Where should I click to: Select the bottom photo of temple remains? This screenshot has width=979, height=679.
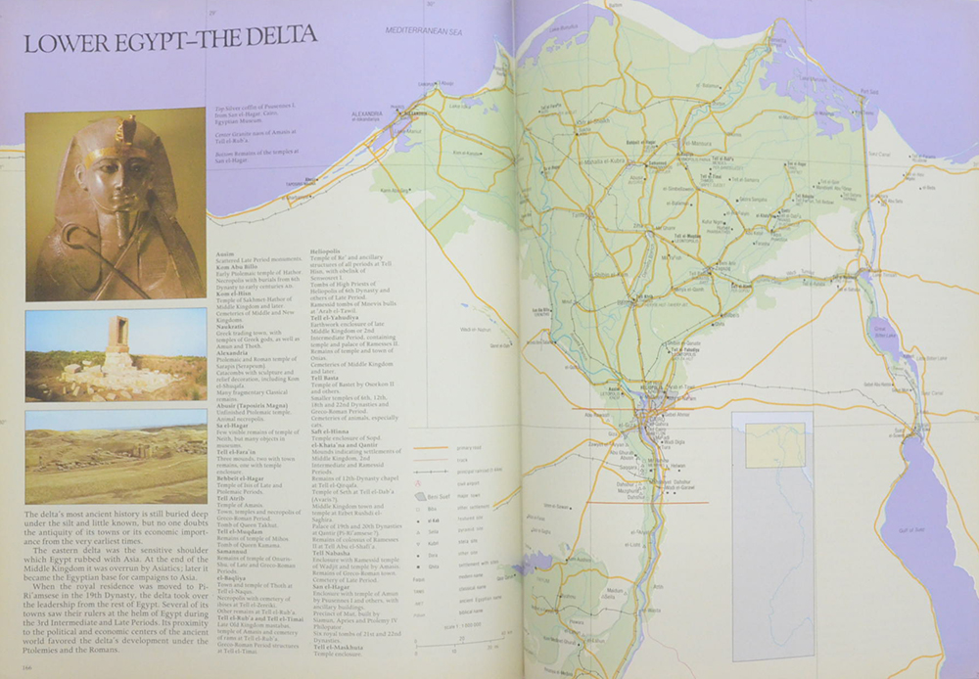(102, 456)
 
